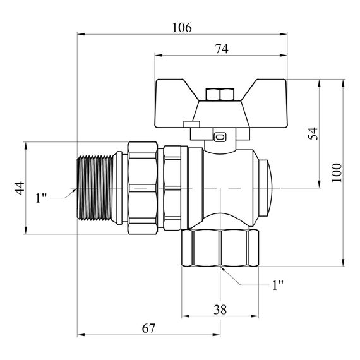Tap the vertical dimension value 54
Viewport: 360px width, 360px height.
pos(313,133)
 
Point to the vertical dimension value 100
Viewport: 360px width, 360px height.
pos(337,172)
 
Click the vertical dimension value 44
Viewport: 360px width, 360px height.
pos(20,188)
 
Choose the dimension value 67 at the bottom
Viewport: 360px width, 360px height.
pos(148,329)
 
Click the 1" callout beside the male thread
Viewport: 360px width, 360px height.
pos(42,198)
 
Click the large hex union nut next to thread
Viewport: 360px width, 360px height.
pos(144,188)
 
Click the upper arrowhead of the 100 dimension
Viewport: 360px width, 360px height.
pos(344,82)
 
